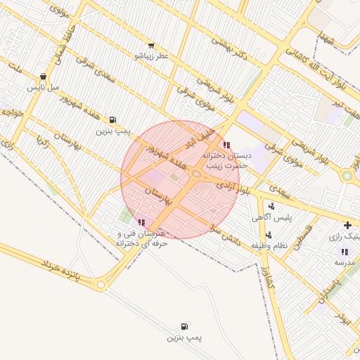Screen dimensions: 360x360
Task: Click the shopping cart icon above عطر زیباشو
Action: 151,46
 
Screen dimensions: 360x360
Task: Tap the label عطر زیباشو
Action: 151,56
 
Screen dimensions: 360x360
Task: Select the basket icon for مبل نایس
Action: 44,77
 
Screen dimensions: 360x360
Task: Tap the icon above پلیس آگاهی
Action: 271,207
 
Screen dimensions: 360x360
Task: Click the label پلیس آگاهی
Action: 271,219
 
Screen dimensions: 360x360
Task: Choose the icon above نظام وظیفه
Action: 269,235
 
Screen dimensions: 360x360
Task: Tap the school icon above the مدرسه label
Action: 345,251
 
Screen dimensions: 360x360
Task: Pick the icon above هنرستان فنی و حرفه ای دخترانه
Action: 142,222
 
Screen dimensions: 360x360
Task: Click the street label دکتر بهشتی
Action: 229,49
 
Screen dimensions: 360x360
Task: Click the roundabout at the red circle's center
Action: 197,174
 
